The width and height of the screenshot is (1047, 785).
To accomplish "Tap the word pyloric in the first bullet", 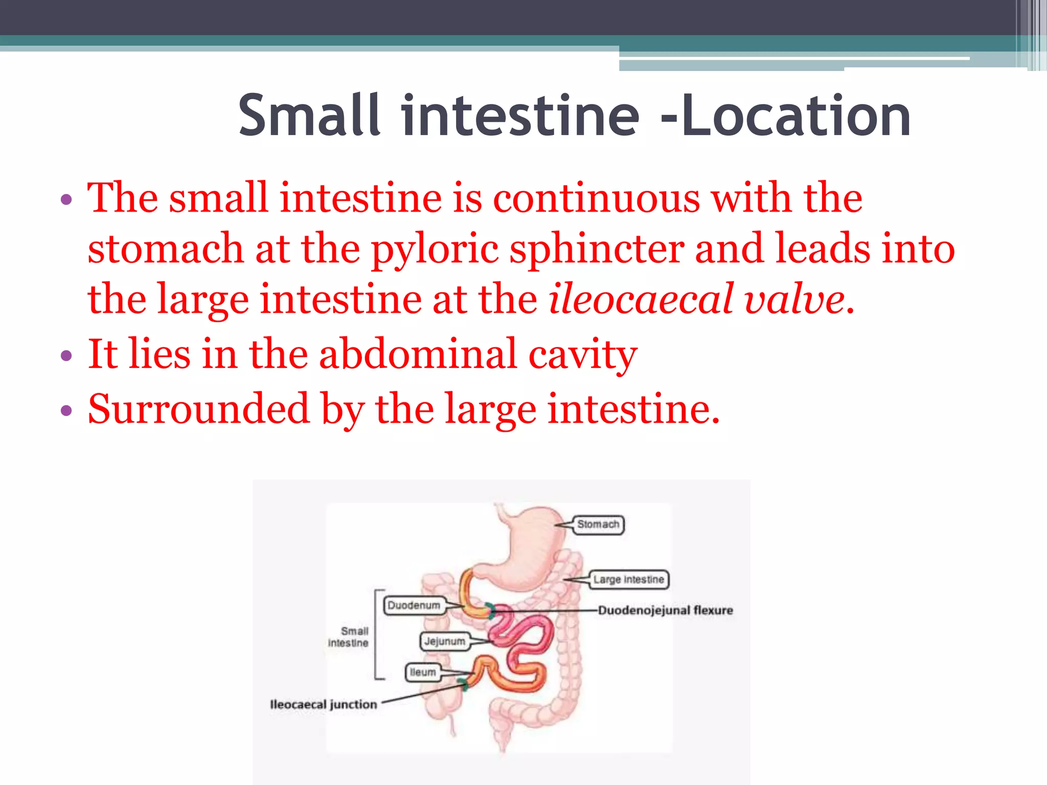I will click(x=435, y=249).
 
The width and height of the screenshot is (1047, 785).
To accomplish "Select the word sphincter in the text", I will click(x=597, y=249).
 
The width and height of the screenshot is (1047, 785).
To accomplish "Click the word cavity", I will click(x=582, y=355).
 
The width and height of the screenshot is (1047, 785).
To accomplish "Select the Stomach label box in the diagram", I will click(x=598, y=524).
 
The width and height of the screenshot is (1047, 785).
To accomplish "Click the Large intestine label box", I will click(x=628, y=580).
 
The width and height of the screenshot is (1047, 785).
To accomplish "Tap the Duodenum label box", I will click(x=414, y=606).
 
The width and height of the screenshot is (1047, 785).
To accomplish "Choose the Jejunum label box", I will click(x=444, y=641).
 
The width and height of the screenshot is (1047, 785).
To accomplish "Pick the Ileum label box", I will click(x=423, y=672).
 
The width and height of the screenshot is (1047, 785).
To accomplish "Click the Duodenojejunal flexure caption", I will click(x=665, y=610).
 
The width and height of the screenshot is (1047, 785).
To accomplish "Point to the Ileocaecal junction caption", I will click(x=323, y=704).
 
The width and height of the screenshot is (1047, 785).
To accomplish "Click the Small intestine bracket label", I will click(x=349, y=637).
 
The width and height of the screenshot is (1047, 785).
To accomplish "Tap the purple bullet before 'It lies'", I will click(x=66, y=356).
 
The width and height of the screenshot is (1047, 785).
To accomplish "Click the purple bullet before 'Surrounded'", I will click(x=66, y=410).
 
